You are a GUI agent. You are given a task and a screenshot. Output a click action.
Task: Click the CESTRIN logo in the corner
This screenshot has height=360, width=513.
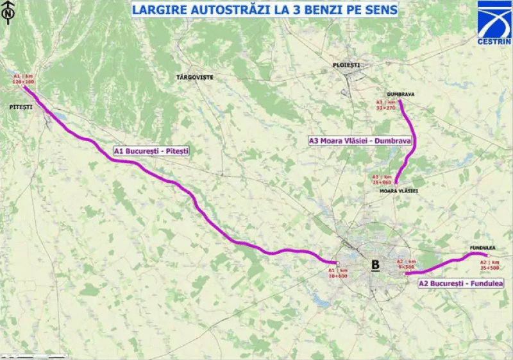click(494, 23)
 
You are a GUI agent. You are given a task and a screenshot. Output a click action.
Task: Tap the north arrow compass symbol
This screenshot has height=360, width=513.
click(8, 13)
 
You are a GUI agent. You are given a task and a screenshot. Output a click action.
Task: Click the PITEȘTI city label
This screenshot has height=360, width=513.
click(21, 107)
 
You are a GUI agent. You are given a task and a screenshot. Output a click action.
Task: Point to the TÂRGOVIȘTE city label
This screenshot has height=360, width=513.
click(195, 77)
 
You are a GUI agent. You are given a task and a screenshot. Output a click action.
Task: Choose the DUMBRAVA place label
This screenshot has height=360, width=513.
click(400, 94)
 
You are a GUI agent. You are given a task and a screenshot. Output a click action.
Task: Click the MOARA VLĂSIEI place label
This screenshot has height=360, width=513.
click(399, 191)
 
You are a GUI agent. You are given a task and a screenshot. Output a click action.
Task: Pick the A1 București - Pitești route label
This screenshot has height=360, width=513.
click(151, 151)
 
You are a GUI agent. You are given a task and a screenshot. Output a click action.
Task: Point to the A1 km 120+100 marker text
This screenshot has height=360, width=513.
click(23, 79)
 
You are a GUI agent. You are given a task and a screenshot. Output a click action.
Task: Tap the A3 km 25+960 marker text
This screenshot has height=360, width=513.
click(382, 179)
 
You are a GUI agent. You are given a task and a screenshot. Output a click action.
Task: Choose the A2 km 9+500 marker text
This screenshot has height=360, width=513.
click(407, 264)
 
